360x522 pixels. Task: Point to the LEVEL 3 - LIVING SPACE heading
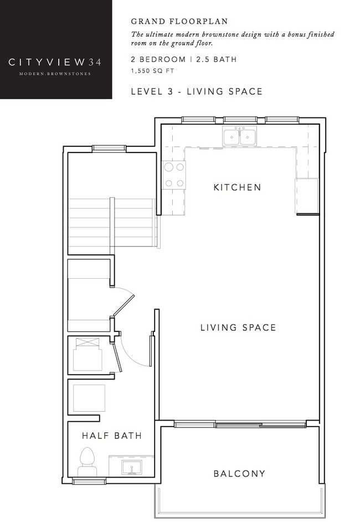196,91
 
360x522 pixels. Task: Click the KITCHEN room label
237,187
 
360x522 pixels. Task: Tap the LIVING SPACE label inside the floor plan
238,327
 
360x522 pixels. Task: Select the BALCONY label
239,474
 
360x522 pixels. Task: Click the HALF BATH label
111,436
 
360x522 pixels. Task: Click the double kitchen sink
239,136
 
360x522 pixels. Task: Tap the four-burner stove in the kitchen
173,175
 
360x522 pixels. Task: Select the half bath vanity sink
132,467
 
